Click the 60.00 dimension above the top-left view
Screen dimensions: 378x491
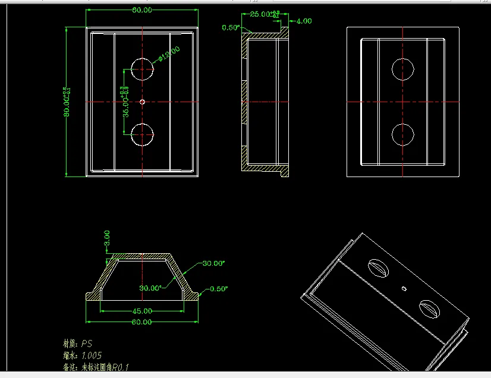tap(142, 10)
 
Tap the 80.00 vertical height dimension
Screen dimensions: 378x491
tap(67, 102)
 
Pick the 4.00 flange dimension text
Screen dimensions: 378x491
tap(304, 21)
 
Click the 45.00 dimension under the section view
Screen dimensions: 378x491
tap(141, 310)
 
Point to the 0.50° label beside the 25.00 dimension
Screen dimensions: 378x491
tap(231, 27)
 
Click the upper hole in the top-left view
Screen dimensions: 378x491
tap(142, 69)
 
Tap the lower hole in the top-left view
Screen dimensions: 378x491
tap(142, 135)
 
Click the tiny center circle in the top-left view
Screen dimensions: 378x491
tap(143, 102)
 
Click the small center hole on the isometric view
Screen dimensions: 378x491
tap(404, 288)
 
